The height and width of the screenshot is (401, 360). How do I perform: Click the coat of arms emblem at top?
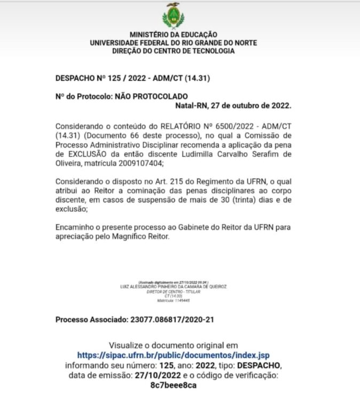173,16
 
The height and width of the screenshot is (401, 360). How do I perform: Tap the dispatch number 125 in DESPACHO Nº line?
112,78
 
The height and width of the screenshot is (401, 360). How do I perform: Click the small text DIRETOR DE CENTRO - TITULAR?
174,291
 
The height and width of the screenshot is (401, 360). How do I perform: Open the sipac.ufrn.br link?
173,354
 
